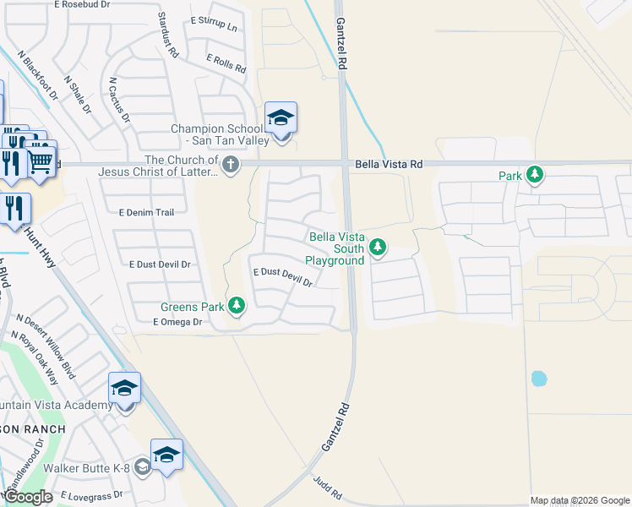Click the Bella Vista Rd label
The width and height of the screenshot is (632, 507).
coord(388,163)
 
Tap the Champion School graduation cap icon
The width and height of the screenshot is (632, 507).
coord(281,118)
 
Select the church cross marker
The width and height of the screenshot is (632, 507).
coord(230,163)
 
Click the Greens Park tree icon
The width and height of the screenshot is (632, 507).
coord(237,304)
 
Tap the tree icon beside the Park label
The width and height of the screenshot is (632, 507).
coord(534,175)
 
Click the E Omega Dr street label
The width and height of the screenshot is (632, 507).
coord(177,322)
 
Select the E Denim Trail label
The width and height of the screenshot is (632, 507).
coord(146,212)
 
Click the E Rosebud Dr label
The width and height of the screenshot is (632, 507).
coord(82,4)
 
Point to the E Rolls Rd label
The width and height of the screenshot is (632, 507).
coord(226,63)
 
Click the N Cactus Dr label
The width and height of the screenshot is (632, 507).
coord(118,101)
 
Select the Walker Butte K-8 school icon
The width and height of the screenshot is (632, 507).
coord(166,455)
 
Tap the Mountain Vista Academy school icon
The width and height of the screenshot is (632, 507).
coord(124,389)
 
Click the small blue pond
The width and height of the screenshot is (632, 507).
coord(539,379)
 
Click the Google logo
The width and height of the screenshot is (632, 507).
coord(29,497)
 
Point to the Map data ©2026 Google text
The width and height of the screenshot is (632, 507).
coord(579,500)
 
